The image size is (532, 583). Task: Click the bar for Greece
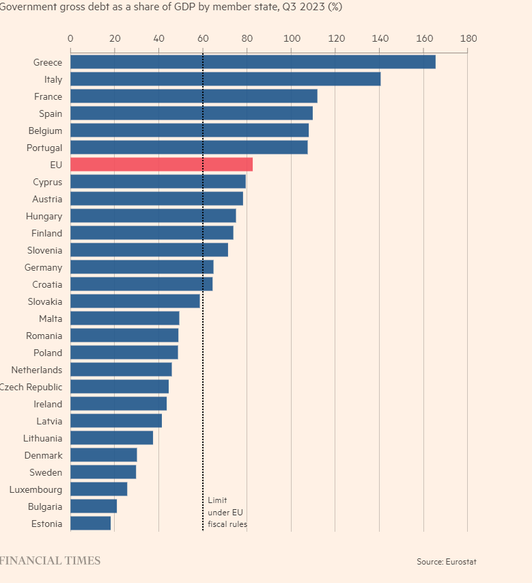(253, 62)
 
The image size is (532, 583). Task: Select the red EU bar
(161, 165)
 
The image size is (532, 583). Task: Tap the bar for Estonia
(90, 524)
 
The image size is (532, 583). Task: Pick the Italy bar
(225, 79)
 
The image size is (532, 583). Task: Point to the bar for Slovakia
(135, 301)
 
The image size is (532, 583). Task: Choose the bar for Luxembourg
(98, 489)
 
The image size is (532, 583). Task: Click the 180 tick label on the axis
(468, 38)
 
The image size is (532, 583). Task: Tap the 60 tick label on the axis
(203, 38)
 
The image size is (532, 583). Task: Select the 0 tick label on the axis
(70, 38)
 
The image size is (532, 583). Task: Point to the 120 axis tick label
(335, 38)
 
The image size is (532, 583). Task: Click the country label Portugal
(44, 148)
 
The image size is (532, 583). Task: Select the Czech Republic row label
(31, 387)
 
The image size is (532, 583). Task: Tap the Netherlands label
(37, 370)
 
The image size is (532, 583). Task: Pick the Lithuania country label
(42, 438)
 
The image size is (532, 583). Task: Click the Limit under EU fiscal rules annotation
(227, 513)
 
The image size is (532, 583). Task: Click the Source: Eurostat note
(447, 562)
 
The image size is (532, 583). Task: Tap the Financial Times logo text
(50, 561)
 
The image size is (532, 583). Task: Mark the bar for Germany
(141, 267)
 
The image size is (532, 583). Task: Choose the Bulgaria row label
(45, 506)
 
